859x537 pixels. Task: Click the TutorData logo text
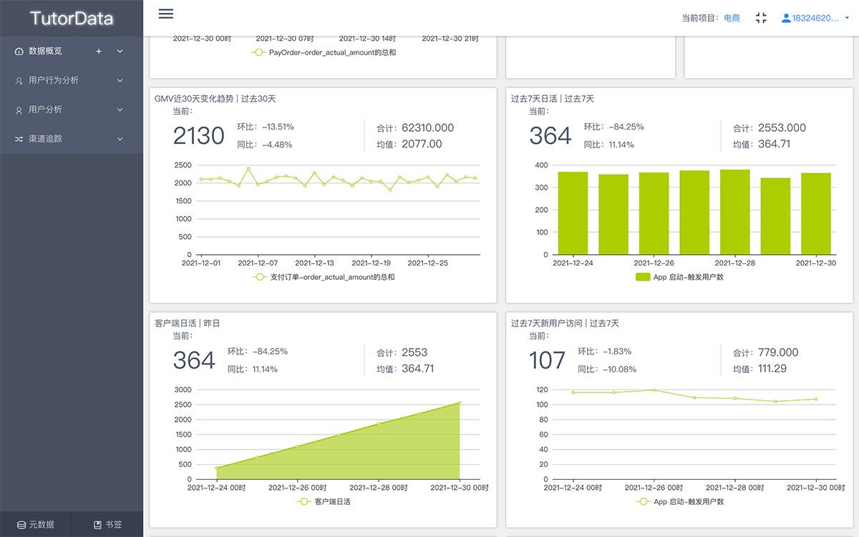72,19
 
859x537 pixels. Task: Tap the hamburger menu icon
166,14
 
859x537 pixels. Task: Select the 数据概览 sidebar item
45,51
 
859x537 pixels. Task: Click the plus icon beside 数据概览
99,51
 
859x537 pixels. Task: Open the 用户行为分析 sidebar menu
54,80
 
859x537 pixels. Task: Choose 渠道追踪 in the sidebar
45,138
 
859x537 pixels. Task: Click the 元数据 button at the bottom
36,524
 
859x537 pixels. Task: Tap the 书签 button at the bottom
107,524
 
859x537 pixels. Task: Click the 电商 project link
732,18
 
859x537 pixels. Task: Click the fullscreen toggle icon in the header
761,18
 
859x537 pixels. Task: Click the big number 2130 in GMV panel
198,135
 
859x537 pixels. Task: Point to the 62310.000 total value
427,127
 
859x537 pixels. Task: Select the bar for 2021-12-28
734,212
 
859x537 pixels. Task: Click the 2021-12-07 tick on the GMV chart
258,263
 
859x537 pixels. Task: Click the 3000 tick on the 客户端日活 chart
182,390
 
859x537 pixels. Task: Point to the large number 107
547,360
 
